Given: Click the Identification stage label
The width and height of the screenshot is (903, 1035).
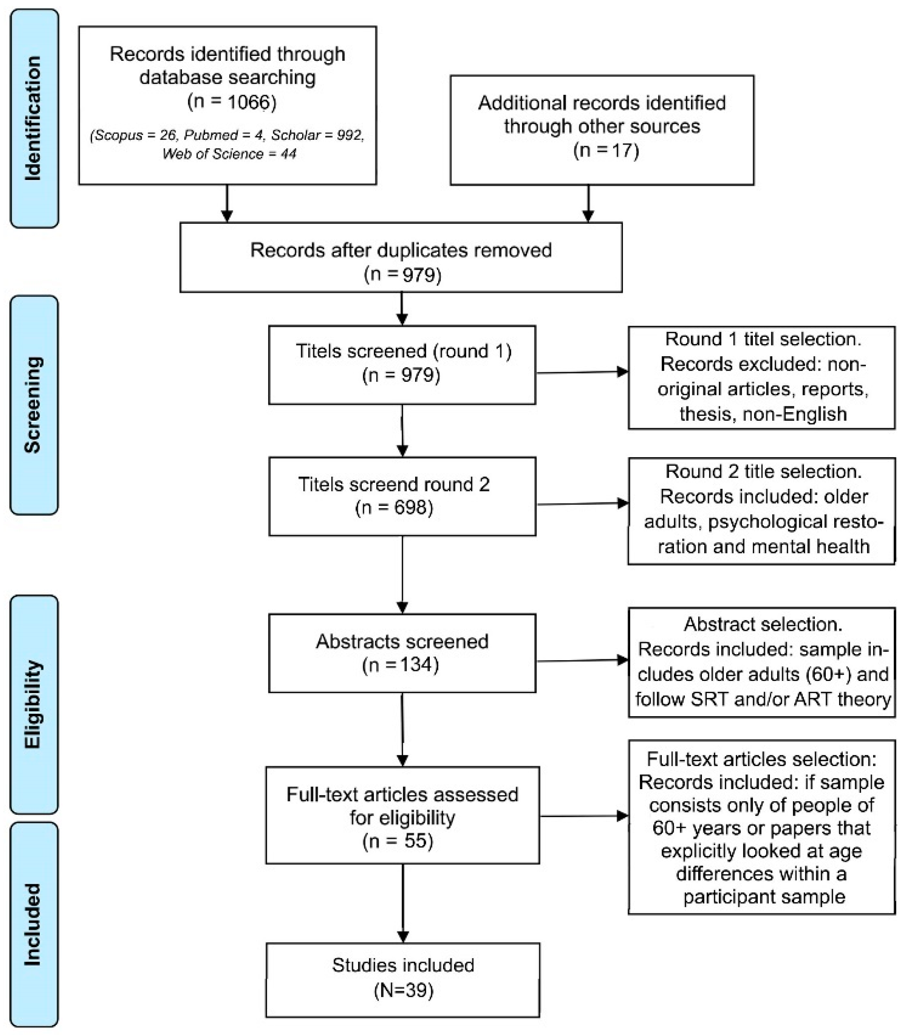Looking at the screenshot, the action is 34,119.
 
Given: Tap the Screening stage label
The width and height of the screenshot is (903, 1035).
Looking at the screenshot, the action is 34,405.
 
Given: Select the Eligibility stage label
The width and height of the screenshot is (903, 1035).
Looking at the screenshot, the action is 34,704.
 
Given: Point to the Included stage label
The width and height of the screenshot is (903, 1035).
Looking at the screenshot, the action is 34,925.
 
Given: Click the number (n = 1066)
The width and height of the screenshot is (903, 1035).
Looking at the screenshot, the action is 232,102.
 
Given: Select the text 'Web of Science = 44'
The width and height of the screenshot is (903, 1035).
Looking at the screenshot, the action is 229,153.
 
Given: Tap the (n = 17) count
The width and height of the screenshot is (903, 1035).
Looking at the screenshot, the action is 606,150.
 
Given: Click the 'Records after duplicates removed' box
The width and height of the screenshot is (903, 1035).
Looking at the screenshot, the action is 401,257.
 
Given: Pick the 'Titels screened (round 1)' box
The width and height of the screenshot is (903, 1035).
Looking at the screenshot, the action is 402,365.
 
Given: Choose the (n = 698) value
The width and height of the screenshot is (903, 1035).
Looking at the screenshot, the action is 394,508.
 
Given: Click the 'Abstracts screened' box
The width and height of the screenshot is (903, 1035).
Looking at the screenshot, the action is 402,653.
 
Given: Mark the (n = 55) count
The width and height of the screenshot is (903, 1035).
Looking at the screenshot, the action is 398,841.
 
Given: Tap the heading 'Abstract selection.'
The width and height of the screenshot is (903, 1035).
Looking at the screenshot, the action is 763,625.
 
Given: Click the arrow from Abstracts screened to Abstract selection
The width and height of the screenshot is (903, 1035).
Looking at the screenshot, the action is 582,660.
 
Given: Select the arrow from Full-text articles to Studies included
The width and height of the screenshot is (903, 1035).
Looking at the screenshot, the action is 403,903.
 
